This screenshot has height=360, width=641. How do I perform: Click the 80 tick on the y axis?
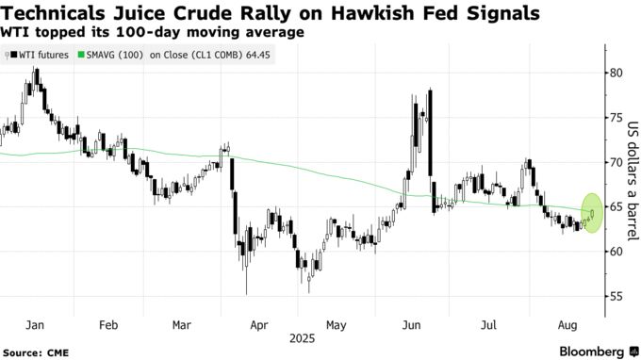tap(614, 73)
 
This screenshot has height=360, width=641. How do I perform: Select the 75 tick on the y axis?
tap(614, 118)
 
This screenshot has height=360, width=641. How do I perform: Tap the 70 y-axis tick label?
tap(614, 162)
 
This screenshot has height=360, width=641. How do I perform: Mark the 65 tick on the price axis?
tap(614, 207)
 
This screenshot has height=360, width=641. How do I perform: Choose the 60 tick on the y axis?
tap(614, 252)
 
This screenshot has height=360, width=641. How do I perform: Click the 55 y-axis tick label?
tap(614, 297)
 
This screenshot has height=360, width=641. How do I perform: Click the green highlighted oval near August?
tap(592, 212)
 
